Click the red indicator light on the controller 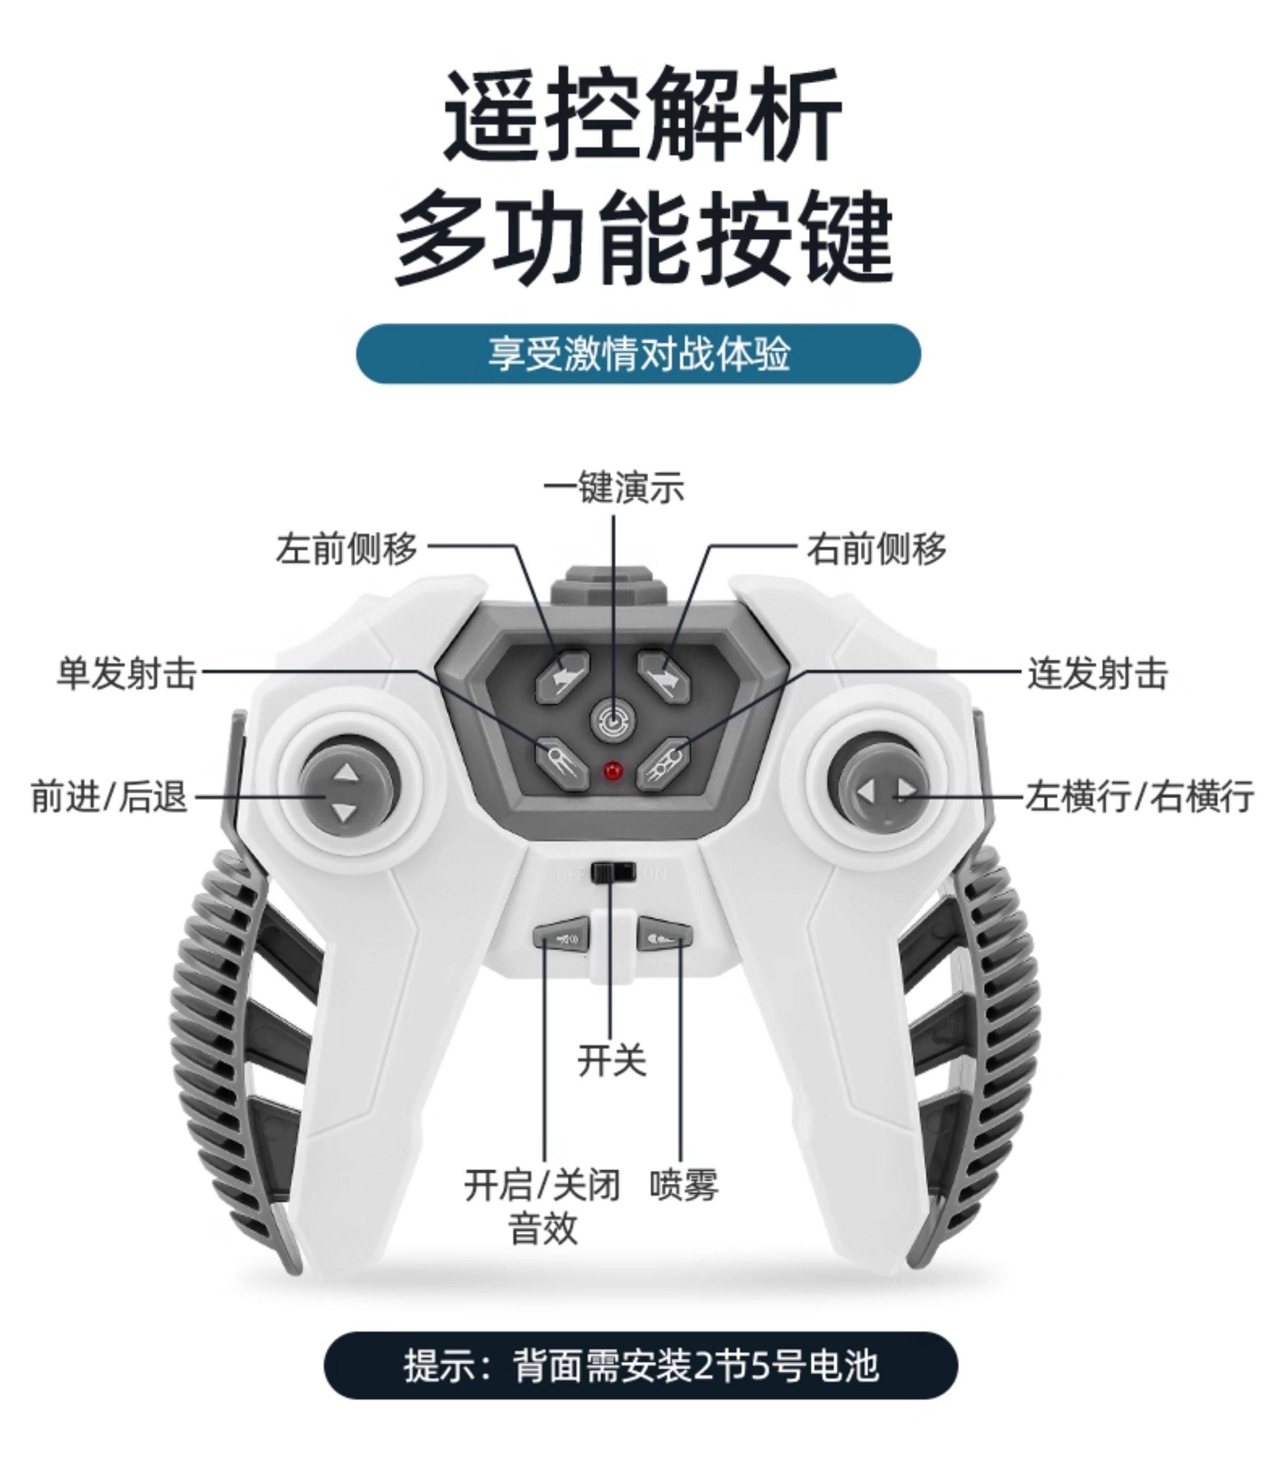click(x=613, y=771)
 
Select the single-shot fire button click(x=562, y=764)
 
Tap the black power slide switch click(x=613, y=873)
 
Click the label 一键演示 click(x=613, y=489)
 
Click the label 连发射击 click(x=1097, y=674)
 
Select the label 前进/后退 click(x=109, y=796)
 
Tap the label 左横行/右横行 click(x=1139, y=796)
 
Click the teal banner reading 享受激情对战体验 click(x=638, y=354)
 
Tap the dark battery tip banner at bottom click(x=641, y=1365)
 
